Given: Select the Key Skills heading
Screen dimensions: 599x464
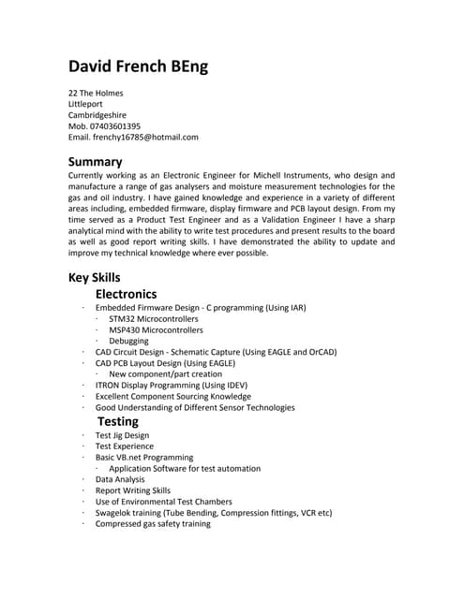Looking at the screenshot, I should (x=94, y=277).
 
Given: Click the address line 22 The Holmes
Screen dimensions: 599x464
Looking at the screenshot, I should (x=96, y=94).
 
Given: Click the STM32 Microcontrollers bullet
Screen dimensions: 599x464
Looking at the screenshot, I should (x=156, y=319).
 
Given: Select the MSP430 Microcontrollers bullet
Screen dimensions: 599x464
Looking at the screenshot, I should (x=156, y=330).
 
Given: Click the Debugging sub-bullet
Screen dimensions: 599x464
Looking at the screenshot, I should (x=128, y=342).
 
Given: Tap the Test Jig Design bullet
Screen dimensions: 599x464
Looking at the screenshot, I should (x=122, y=435).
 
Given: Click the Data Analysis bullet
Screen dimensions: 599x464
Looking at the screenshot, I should (x=120, y=479).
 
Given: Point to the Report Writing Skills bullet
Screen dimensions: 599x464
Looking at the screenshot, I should (x=133, y=490).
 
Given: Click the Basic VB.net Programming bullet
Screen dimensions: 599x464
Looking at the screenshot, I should (x=144, y=458).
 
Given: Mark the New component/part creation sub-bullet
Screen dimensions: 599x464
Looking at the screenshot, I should (x=166, y=374).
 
